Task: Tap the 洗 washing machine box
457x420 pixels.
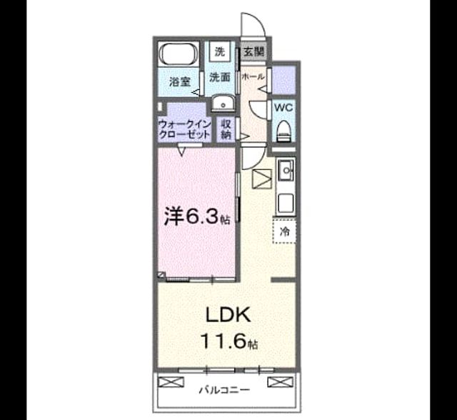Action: coord(221,51)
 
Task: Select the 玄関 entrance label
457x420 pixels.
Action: coord(254,52)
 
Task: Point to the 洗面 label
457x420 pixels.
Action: coord(220,77)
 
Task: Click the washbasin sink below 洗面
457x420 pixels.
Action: coord(223,103)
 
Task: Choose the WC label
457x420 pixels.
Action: coord(283,108)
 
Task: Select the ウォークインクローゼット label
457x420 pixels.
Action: coord(184,130)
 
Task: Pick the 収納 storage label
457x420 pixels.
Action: coord(226,129)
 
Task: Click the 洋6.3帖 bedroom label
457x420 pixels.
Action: coord(197,216)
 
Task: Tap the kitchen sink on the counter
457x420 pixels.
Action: coord(286,169)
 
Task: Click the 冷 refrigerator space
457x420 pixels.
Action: coord(284,231)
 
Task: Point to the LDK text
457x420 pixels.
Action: coord(228,315)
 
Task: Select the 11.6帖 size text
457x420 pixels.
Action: coord(229,341)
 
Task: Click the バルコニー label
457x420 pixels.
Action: coord(224,389)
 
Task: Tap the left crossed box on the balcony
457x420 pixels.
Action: coord(171,382)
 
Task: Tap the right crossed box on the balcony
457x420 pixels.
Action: coord(281,382)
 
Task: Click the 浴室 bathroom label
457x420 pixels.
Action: coord(180,82)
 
